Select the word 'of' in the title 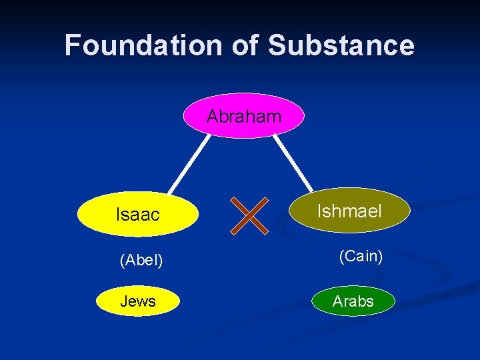[x=243, y=45]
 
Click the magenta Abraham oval [x=244, y=115]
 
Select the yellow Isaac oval [x=139, y=215]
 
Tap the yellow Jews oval [x=138, y=301]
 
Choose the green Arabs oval [x=353, y=301]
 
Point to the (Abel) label [x=141, y=260]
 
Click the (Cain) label [x=361, y=256]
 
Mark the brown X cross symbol [x=249, y=215]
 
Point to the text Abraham [x=244, y=117]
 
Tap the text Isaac [x=138, y=215]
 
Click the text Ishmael [x=349, y=211]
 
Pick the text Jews [x=138, y=301]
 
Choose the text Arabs [x=353, y=301]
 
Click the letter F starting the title [x=74, y=45]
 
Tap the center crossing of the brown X [x=249, y=215]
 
